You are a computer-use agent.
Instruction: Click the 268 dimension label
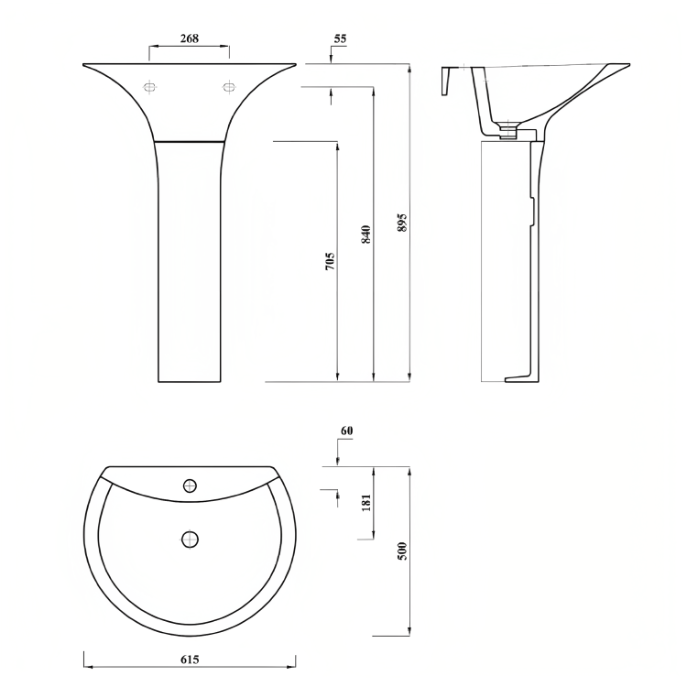tap(190, 38)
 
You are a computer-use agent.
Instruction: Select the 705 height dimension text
tap(330, 261)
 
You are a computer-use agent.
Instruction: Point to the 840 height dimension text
tap(366, 234)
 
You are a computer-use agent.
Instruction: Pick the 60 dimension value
tap(346, 431)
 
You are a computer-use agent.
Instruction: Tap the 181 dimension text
tap(366, 503)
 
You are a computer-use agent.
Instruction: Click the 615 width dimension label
tap(190, 660)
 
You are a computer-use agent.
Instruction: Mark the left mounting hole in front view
tap(151, 87)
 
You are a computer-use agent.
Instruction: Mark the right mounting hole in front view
tap(228, 87)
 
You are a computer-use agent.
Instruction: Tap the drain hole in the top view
tap(191, 539)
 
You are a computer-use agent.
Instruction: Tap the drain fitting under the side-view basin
tap(507, 133)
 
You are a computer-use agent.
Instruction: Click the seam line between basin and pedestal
tap(191, 142)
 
